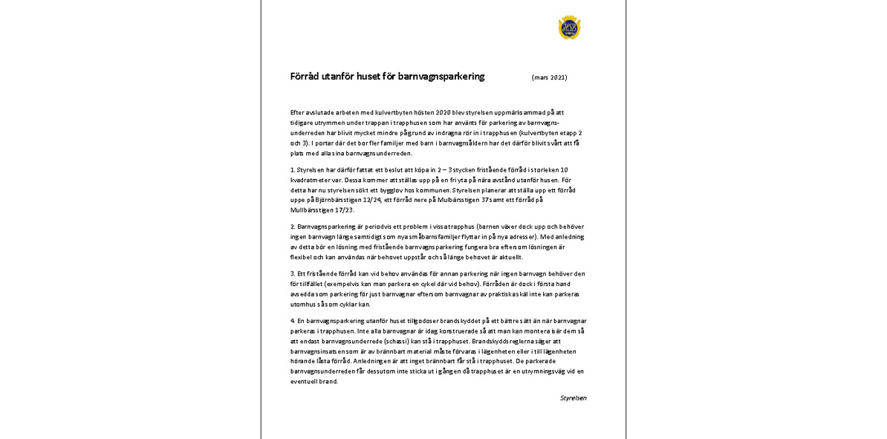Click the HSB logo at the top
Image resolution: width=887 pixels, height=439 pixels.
point(569,27)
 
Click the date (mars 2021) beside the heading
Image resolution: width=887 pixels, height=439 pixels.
point(549,77)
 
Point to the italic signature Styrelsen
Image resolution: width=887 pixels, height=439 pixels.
point(573,398)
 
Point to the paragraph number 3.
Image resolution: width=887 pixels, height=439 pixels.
point(293,273)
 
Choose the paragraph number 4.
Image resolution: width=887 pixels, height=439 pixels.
point(293,320)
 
